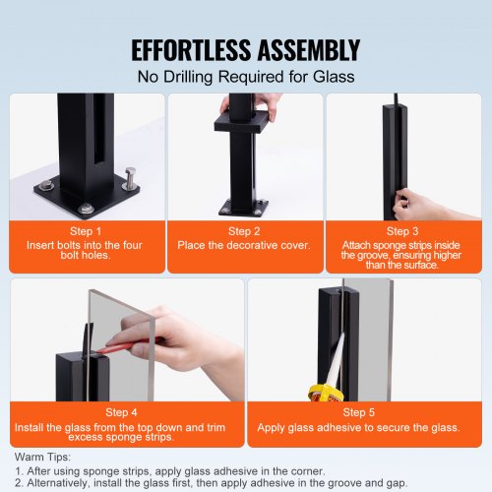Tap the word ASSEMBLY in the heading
click(306, 49)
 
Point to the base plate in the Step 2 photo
click(243, 208)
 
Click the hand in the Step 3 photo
click(428, 204)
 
